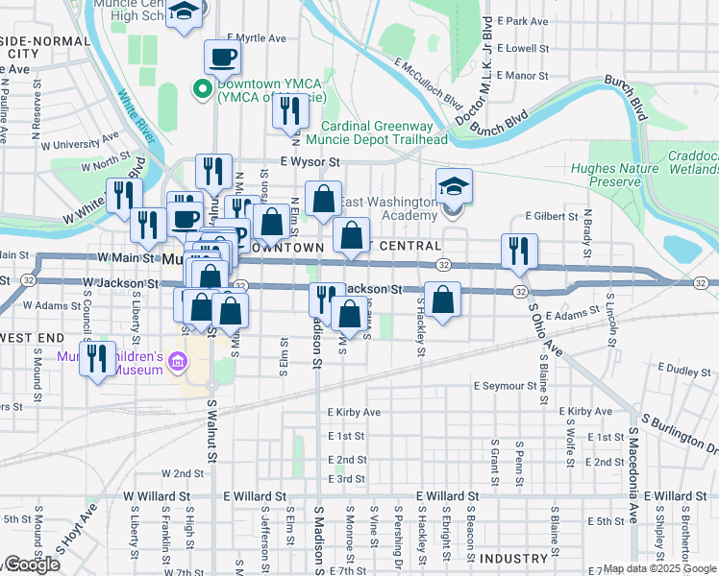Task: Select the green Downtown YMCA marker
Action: coord(203,89)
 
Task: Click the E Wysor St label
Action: coord(310,163)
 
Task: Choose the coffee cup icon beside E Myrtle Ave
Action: coord(222,57)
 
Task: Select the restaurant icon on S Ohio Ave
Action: coord(518,251)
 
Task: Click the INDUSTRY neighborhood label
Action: coord(513,559)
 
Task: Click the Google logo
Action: coord(32,564)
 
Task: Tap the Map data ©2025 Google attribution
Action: coord(660,568)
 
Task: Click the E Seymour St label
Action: coord(505,386)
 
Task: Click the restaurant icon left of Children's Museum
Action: coord(96,360)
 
